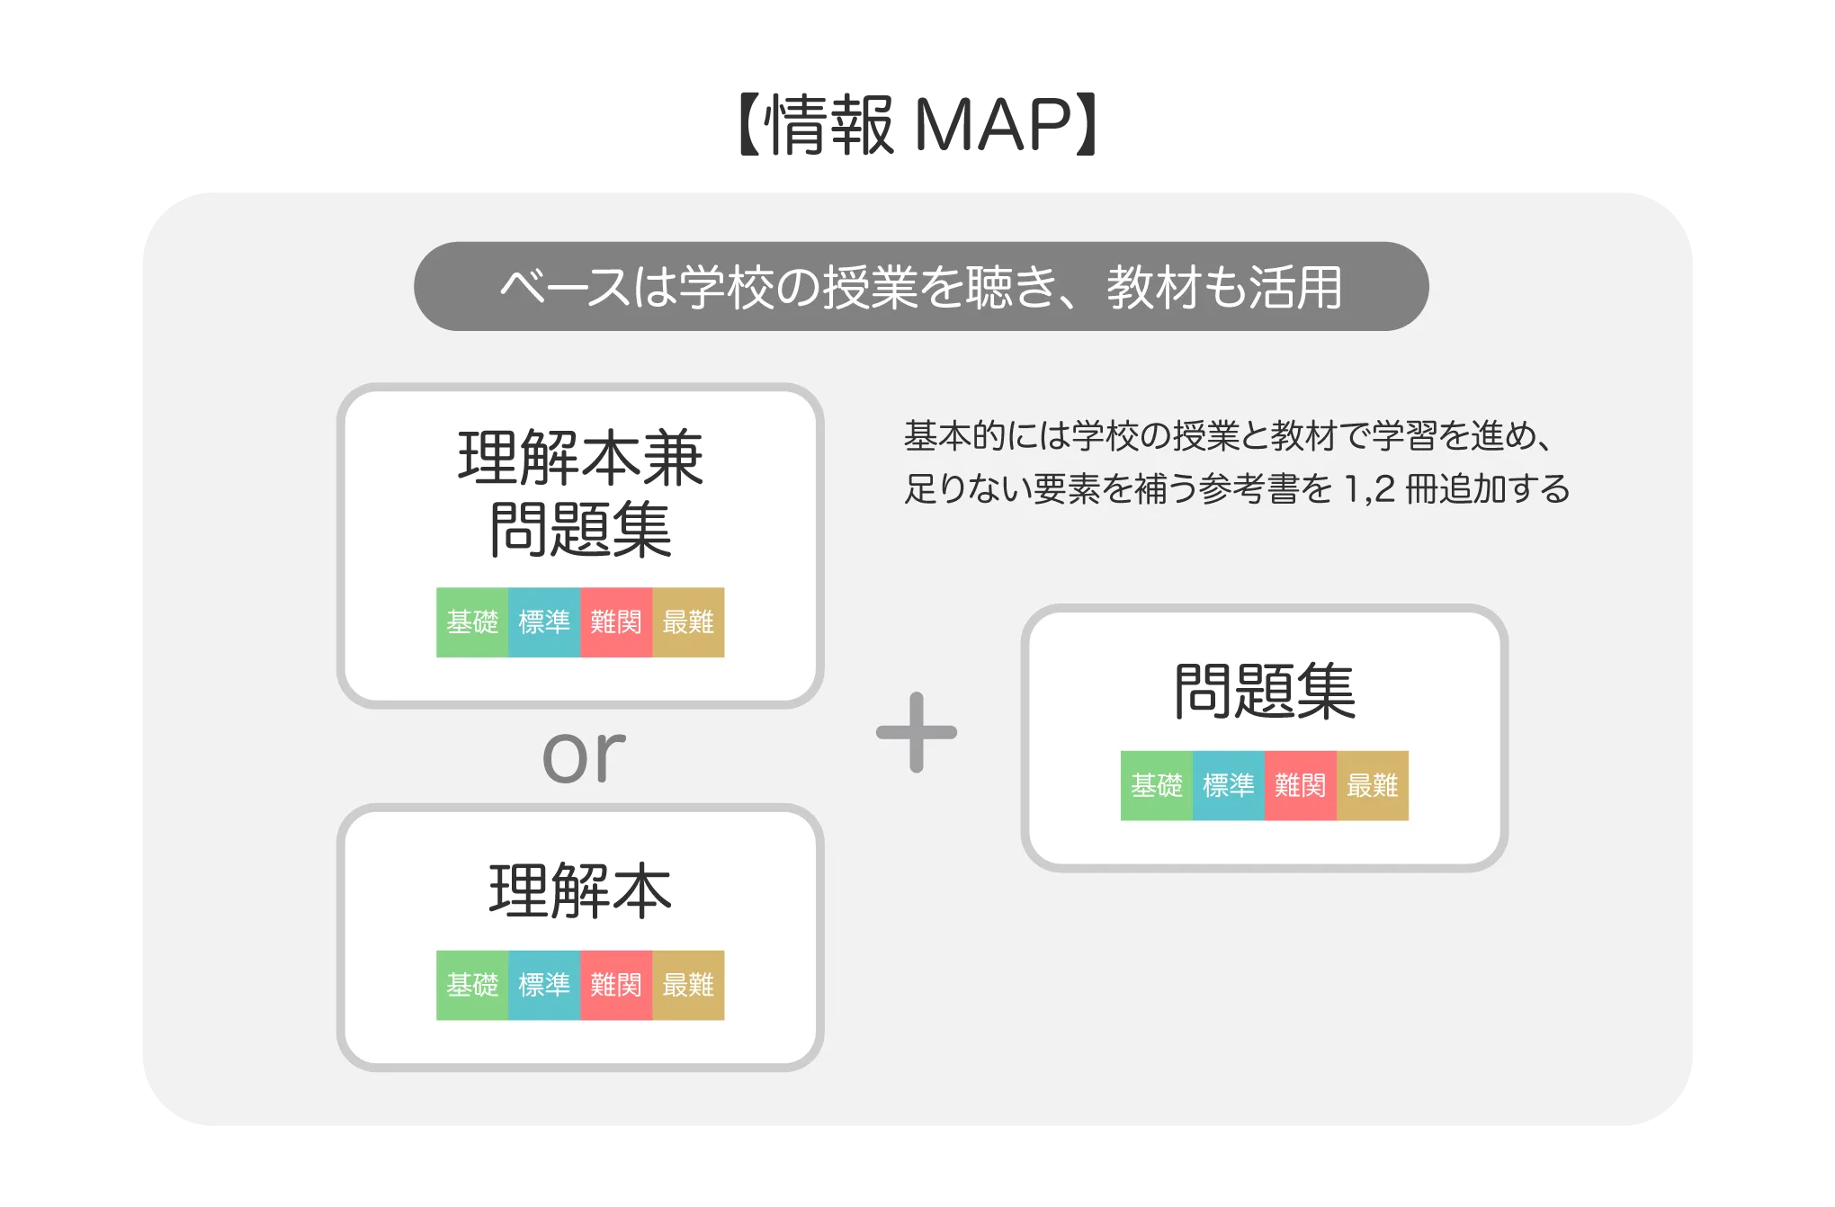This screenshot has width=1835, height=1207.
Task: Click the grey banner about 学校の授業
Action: point(920,287)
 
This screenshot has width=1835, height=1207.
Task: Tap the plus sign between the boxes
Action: point(917,732)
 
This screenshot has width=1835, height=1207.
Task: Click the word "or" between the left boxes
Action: point(583,755)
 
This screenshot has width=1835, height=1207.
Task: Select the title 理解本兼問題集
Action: point(580,494)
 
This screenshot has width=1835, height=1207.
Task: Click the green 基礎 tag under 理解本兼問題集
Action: point(472,622)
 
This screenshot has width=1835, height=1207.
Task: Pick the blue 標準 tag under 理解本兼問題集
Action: point(544,622)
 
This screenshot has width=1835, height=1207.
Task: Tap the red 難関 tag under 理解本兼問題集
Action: point(616,622)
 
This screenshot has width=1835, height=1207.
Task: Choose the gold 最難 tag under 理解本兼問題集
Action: point(688,622)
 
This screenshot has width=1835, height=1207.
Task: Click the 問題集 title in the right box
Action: point(1264,692)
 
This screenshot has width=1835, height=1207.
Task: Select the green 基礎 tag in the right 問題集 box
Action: point(1157,786)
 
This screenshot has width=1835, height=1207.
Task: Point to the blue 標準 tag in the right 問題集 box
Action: point(1229,786)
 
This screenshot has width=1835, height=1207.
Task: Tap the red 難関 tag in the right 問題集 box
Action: point(1301,786)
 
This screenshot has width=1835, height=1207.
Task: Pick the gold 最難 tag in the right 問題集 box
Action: point(1373,786)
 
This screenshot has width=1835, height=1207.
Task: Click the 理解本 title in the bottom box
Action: point(580,891)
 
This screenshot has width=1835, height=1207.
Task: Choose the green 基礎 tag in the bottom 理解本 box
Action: point(472,986)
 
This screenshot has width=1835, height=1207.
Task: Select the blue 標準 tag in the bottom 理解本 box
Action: point(544,986)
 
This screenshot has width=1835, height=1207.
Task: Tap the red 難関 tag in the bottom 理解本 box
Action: point(616,986)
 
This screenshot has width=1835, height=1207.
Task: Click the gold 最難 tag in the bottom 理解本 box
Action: point(688,986)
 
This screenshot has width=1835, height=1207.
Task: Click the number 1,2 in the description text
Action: point(1368,489)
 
